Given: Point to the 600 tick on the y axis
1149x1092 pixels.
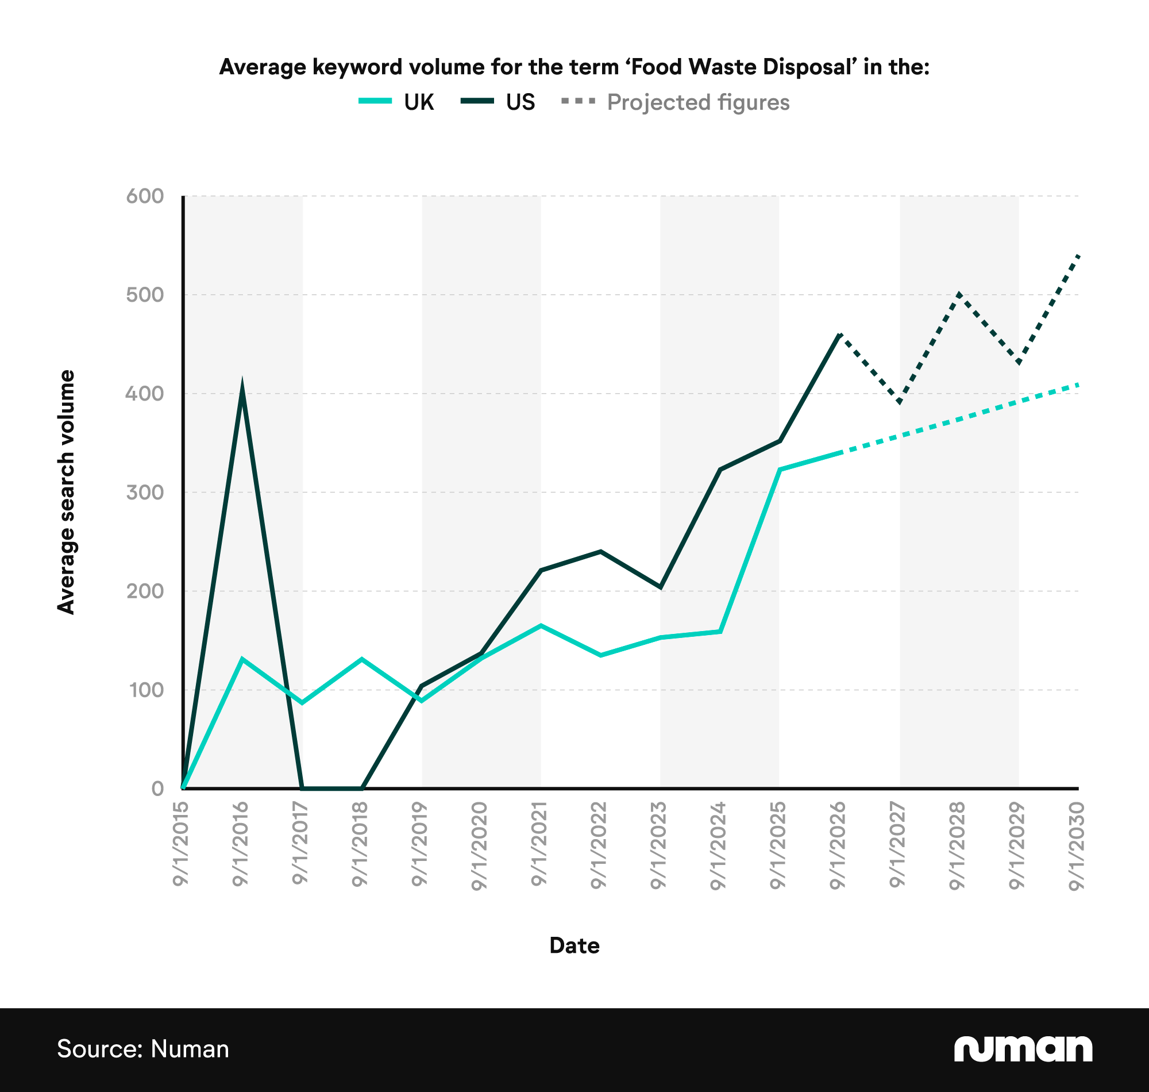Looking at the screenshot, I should (145, 196).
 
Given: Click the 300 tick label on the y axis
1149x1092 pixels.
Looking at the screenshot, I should (145, 493).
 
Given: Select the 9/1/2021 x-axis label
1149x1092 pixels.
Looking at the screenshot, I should (540, 844).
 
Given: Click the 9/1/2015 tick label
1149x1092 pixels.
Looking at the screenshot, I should (181, 844).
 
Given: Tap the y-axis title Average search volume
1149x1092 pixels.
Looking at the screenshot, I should (66, 492).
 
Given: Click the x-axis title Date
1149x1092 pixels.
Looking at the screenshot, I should (574, 945).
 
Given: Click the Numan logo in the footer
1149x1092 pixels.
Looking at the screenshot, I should (1023, 1049).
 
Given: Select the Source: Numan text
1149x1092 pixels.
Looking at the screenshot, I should (143, 1049).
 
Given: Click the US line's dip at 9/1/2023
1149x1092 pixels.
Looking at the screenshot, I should (660, 587).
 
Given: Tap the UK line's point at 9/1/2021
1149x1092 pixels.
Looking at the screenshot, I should (541, 626).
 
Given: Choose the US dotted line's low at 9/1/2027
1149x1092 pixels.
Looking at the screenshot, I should (900, 402).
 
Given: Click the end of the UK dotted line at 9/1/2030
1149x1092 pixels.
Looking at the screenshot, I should (1077, 384).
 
